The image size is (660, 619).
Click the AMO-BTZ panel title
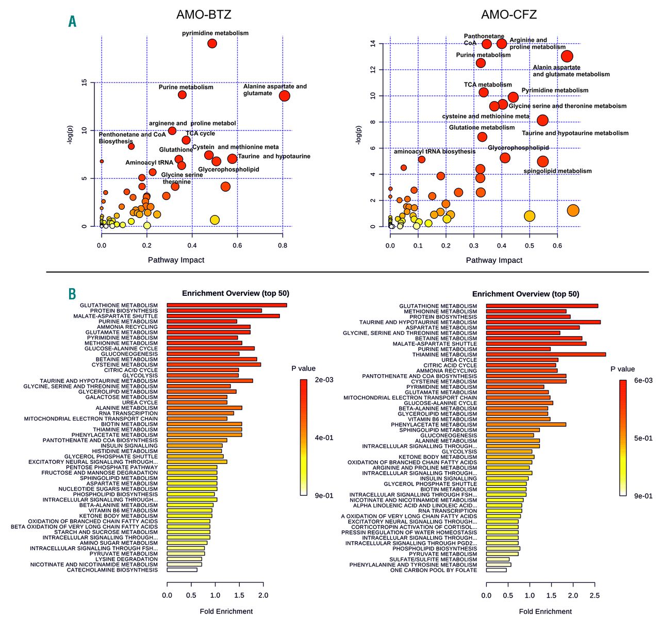(204, 14)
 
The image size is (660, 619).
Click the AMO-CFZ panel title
(509, 14)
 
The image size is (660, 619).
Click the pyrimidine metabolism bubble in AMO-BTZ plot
(212, 43)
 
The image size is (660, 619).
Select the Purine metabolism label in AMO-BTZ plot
(186, 87)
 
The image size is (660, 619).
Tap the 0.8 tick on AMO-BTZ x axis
(283, 245)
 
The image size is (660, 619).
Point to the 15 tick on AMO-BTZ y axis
(85, 82)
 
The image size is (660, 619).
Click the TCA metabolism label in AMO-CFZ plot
(488, 85)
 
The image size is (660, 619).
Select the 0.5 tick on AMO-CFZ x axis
(530, 245)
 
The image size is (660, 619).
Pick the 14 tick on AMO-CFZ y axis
(373, 44)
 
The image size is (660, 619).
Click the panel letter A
(72, 21)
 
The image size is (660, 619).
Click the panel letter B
(72, 294)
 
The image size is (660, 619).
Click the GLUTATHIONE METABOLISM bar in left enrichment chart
(227, 305)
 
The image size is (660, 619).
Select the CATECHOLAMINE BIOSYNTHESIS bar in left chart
(182, 570)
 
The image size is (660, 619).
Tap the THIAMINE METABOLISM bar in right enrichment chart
(546, 354)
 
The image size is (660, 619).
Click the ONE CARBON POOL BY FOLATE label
(434, 570)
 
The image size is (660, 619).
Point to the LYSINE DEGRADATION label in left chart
(126, 559)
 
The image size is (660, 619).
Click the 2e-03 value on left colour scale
(324, 380)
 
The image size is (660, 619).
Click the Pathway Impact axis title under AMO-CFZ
(494, 260)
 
